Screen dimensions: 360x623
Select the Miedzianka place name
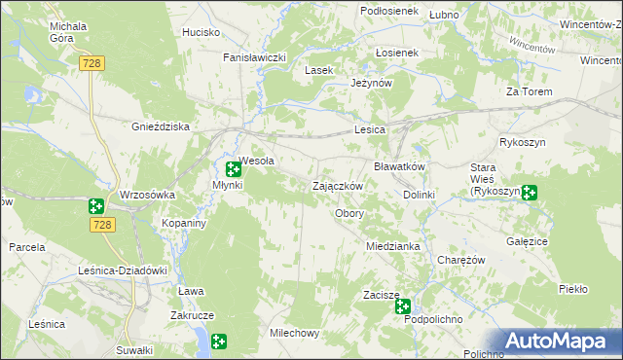coord(392,246)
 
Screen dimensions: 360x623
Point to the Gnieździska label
coord(160,126)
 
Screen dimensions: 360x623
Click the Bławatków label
coord(400,166)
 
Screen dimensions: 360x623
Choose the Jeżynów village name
coord(371,84)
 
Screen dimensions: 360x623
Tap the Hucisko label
coord(202,32)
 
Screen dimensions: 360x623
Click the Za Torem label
coord(530,91)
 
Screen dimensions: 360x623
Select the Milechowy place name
coord(294,333)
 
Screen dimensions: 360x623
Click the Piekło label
coord(573,289)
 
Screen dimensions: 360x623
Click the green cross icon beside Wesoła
coord(234,169)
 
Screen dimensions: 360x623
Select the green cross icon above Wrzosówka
coord(95,205)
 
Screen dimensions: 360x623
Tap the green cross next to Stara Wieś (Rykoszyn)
coord(530,193)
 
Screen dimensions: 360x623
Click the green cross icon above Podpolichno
coord(403,306)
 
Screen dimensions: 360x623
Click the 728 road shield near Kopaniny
coord(106,225)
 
